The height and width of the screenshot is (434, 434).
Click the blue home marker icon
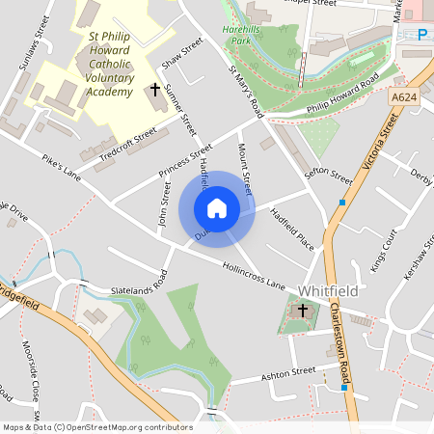pos(217,208)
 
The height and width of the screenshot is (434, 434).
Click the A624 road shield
pos(405,98)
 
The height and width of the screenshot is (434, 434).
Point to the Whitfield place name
pos(328,289)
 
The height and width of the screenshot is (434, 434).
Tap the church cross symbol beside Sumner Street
pos(154,90)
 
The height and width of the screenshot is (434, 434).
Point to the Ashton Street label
pos(289,372)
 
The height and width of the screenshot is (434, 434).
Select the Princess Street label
pos(187,161)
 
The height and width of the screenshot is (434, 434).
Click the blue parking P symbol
pos(422,35)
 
